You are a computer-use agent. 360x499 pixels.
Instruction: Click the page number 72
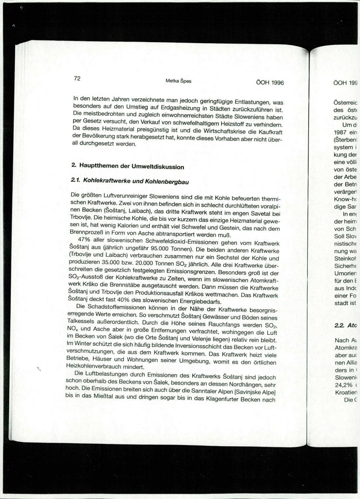(77, 79)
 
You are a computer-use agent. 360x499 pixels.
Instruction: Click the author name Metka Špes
(178, 81)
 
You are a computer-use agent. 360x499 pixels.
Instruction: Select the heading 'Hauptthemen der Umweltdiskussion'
(131, 166)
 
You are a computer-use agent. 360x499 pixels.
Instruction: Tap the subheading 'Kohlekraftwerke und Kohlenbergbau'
(136, 181)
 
